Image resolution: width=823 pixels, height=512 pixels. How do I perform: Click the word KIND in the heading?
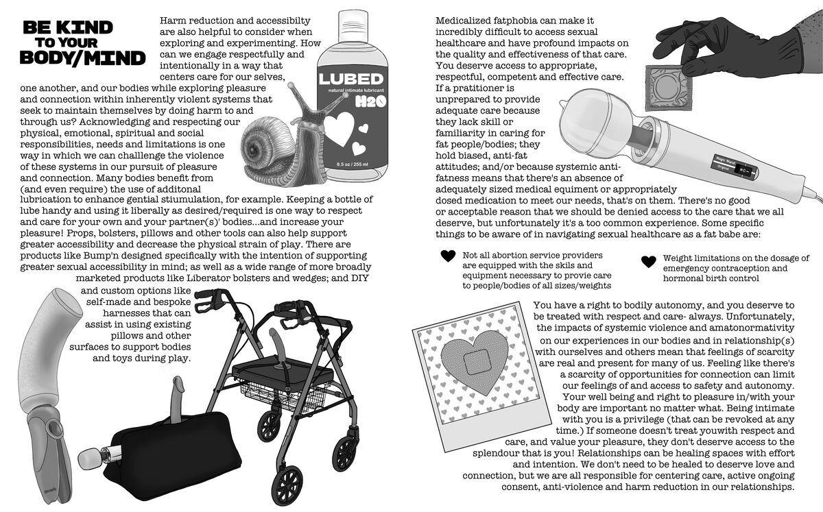pos(85,27)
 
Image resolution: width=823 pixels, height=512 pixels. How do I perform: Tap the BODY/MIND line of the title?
pos(82,58)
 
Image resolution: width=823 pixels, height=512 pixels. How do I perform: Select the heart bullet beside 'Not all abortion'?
pos(448,256)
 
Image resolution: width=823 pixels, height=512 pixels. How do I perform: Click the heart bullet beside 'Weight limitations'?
pos(648,261)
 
